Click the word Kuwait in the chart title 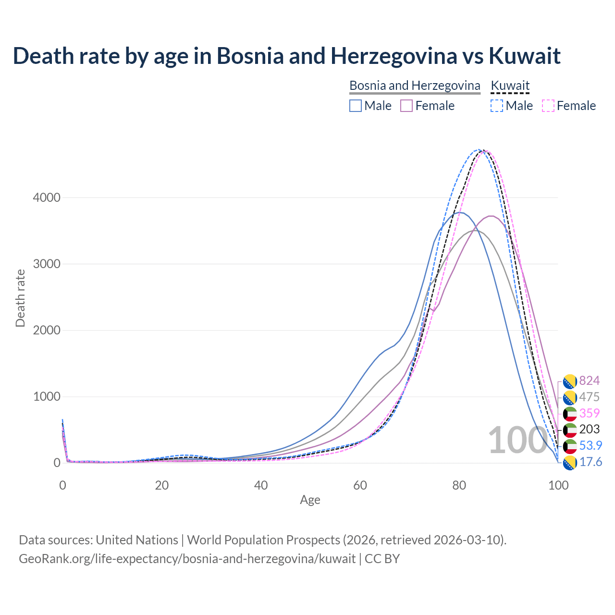click(x=525, y=56)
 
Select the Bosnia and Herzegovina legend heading click(x=415, y=86)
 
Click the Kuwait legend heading click(x=510, y=86)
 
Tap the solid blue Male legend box click(x=356, y=106)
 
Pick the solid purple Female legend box click(x=406, y=106)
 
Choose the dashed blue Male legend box click(x=497, y=106)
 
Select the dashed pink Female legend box click(x=548, y=106)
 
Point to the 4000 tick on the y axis click(x=47, y=197)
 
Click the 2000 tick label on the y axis click(x=47, y=330)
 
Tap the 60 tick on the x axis click(x=360, y=485)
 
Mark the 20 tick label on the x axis click(x=162, y=485)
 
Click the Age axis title click(x=310, y=500)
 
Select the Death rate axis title click(x=20, y=298)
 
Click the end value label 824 click(x=589, y=381)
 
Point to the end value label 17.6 click(x=590, y=462)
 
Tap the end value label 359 click(x=589, y=413)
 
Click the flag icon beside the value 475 click(x=569, y=397)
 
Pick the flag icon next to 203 click(x=569, y=430)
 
